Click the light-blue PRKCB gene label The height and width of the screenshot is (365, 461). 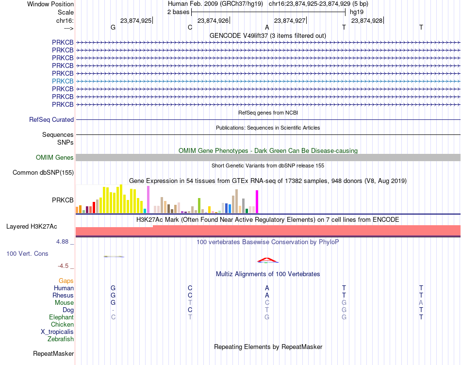63,81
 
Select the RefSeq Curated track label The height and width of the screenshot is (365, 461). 51,120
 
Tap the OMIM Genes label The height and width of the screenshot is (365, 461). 55,157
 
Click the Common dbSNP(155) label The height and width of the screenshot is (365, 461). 43,173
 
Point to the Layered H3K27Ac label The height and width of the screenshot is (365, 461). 32,227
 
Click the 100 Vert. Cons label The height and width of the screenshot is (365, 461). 27,253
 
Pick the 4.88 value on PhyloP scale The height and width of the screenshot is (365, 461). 62,242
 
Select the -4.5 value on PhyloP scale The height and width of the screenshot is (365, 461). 63,266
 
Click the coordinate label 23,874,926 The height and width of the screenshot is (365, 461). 213,20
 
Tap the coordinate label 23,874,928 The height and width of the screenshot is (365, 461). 367,20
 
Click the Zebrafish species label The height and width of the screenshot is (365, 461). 61,339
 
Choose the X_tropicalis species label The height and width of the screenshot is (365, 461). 57,332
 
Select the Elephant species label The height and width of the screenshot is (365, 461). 62,317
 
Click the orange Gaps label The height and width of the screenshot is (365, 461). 66,281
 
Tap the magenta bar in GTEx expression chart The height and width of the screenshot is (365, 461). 257,202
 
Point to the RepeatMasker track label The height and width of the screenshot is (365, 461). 53,353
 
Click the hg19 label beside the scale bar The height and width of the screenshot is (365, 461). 357,12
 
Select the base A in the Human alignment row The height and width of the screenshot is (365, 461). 267,288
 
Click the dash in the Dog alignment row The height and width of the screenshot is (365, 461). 113,310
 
